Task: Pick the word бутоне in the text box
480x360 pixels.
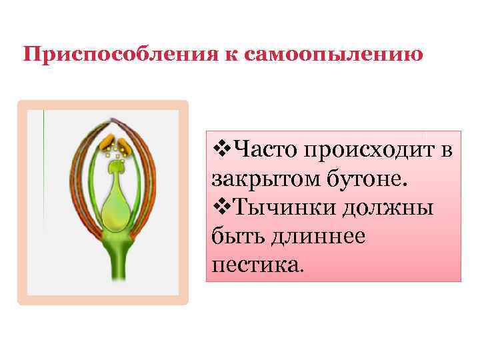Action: pos(357,178)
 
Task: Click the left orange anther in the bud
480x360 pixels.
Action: pos(106,142)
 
